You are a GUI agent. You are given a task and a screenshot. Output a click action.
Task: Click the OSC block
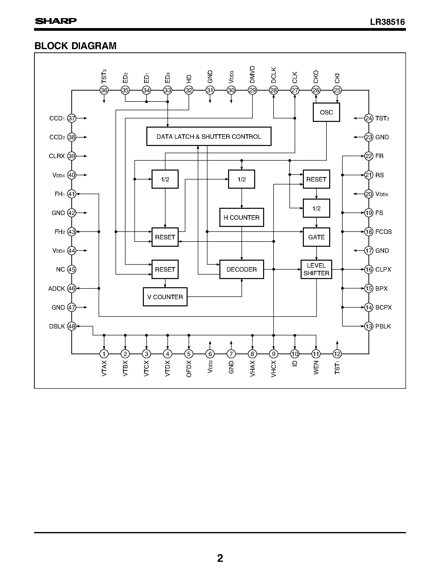pyautogui.click(x=326, y=112)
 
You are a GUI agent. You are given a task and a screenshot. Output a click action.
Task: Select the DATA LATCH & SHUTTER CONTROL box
pyautogui.click(x=208, y=137)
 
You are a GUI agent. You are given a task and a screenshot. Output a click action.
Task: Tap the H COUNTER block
pyautogui.click(x=241, y=217)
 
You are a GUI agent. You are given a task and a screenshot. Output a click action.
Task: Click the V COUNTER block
pyautogui.click(x=165, y=297)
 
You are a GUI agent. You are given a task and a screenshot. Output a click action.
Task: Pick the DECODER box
pyautogui.click(x=241, y=269)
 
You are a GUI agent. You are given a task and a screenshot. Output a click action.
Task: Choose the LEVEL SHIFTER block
pyautogui.click(x=316, y=269)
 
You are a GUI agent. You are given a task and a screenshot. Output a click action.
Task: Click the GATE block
pyautogui.click(x=316, y=237)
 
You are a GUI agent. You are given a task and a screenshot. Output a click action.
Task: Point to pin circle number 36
pyautogui.click(x=104, y=90)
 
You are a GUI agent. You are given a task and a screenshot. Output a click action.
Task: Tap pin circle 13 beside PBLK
pyautogui.click(x=369, y=326)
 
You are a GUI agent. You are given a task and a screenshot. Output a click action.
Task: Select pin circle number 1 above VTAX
pyautogui.click(x=104, y=354)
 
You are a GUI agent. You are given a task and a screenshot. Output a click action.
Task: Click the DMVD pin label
pyautogui.click(x=252, y=75)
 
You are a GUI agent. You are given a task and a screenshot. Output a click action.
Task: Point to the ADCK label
pyautogui.click(x=57, y=289)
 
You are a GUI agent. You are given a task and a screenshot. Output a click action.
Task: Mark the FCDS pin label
pyautogui.click(x=383, y=232)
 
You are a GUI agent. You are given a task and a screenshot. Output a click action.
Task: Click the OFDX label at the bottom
pyautogui.click(x=189, y=369)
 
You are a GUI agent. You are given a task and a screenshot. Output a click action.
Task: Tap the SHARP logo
pyautogui.click(x=56, y=21)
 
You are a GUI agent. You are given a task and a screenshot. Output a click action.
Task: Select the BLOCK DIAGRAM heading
pyautogui.click(x=75, y=46)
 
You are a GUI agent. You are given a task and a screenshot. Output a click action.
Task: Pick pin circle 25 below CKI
pyautogui.click(x=337, y=90)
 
